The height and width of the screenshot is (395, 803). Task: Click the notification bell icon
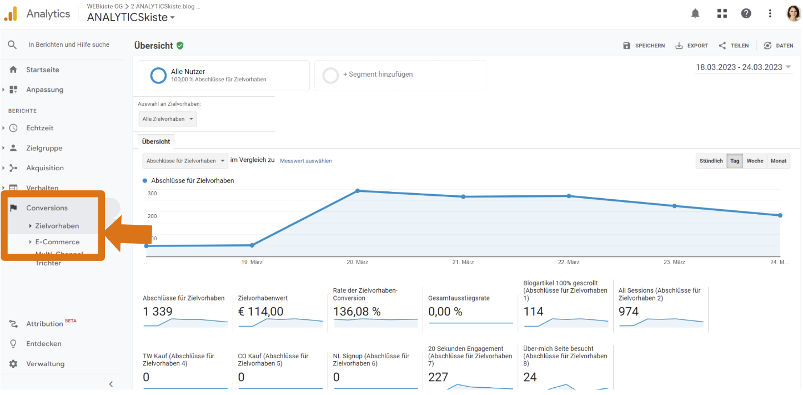click(x=695, y=13)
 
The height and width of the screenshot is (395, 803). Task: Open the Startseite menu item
click(x=42, y=70)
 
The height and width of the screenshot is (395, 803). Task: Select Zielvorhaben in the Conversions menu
click(x=57, y=226)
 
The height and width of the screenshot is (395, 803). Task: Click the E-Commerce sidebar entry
click(x=57, y=242)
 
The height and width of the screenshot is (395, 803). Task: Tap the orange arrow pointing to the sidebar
click(x=129, y=234)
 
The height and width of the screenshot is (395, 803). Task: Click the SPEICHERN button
click(x=644, y=46)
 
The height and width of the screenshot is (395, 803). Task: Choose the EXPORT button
click(x=692, y=46)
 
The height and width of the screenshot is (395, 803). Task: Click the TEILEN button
click(x=734, y=46)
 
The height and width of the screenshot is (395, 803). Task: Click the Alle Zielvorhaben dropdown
click(x=168, y=119)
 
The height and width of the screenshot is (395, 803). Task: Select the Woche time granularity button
click(x=755, y=161)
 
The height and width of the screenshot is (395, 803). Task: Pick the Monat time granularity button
click(x=778, y=161)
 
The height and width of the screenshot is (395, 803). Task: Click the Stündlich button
click(x=711, y=161)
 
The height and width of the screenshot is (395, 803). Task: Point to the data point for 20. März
click(x=358, y=191)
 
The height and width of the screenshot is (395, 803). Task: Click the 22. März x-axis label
click(x=569, y=262)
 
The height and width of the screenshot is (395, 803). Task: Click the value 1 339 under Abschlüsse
click(x=158, y=312)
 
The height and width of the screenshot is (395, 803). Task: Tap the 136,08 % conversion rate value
click(x=357, y=312)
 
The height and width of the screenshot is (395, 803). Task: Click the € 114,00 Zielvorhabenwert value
click(x=260, y=312)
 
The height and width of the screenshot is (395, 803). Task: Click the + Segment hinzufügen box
click(x=400, y=75)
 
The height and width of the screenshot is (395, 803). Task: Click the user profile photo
click(x=793, y=13)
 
